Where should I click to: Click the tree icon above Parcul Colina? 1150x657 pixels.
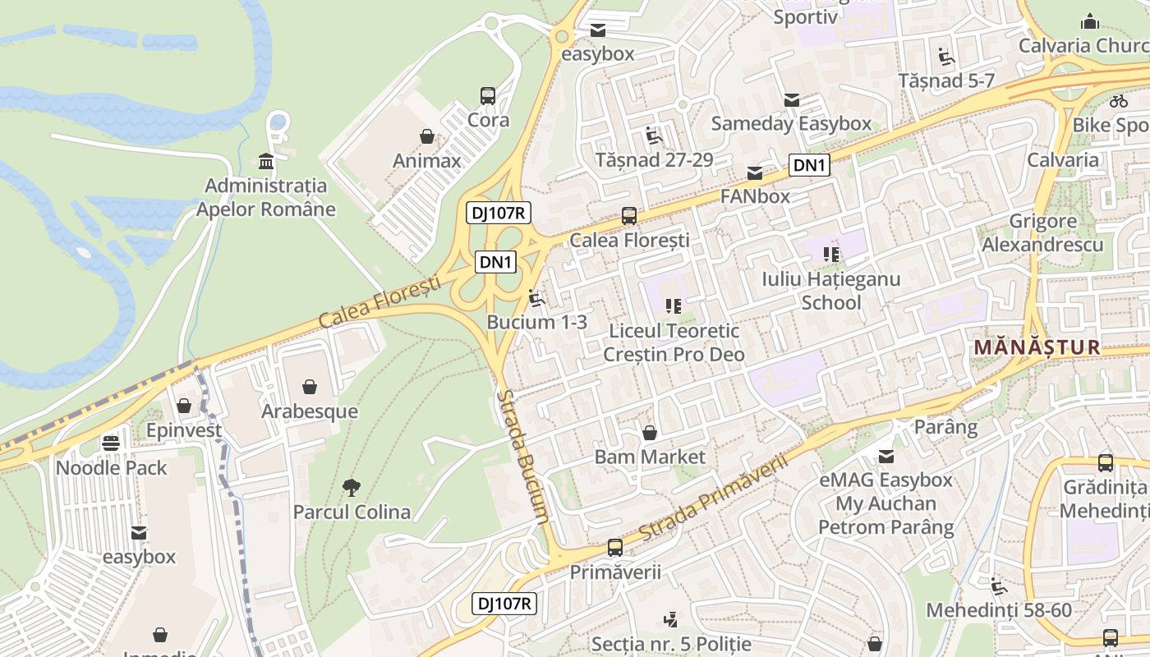click(352, 488)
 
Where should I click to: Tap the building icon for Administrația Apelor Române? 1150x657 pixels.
click(265, 161)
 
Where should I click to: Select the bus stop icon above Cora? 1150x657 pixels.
click(488, 96)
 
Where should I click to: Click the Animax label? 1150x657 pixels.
click(426, 160)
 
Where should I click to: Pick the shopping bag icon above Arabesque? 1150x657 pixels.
click(310, 387)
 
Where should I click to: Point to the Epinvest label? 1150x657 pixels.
click(184, 430)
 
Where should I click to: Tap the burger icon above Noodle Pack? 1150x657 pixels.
click(111, 443)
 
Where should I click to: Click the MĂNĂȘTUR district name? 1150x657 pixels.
click(1037, 347)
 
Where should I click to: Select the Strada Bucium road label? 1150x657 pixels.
click(522, 456)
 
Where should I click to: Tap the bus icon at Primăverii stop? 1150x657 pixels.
click(614, 548)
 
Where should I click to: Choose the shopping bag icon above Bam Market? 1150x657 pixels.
click(650, 433)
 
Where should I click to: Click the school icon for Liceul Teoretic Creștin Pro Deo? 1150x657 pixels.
click(674, 306)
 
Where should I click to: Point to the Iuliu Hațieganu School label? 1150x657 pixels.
click(830, 291)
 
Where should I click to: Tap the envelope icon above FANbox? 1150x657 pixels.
click(754, 172)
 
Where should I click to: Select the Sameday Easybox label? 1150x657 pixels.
click(791, 123)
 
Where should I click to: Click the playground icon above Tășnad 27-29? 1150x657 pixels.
click(654, 136)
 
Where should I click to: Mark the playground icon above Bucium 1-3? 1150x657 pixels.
click(537, 298)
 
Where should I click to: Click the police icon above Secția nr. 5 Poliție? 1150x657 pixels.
click(671, 619)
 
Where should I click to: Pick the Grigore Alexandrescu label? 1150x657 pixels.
click(1042, 233)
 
